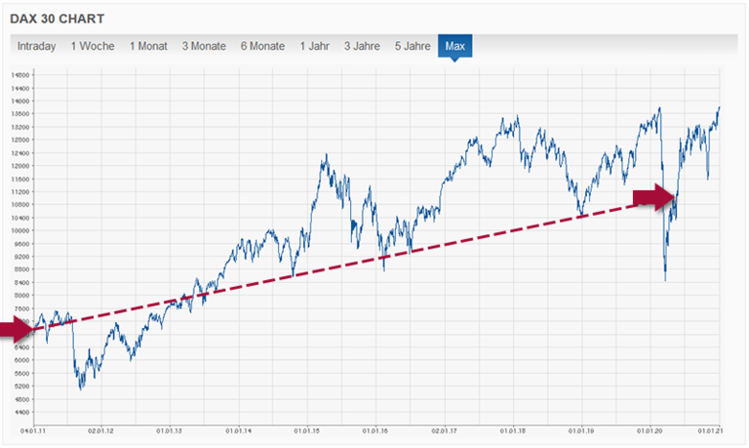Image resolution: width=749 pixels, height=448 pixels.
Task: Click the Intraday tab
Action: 36,46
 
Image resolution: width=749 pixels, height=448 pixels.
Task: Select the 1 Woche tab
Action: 93,46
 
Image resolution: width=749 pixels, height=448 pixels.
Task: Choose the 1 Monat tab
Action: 148,46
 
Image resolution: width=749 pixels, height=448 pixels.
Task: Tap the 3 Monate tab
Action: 204,46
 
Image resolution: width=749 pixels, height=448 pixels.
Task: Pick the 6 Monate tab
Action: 263,46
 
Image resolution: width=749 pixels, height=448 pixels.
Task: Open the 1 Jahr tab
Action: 315,46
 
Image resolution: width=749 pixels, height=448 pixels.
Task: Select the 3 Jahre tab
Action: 362,46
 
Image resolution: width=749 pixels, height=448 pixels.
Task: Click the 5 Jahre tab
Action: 412,46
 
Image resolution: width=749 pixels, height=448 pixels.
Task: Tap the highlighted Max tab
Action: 454,46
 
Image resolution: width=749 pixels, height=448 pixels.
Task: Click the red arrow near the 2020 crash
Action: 653,198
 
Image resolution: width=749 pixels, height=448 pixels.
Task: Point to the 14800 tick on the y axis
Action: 20,74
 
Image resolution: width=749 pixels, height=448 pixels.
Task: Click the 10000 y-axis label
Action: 20,230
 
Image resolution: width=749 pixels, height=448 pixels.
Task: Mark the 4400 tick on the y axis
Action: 20,412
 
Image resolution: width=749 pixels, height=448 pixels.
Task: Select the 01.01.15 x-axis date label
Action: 307,429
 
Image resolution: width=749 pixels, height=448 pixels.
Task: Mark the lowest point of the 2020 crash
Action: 665,281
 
